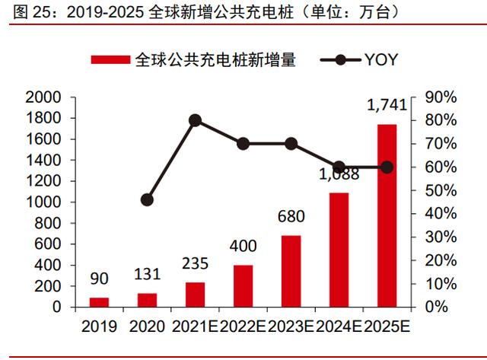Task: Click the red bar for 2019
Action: click(x=99, y=302)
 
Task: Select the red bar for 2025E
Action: click(x=387, y=215)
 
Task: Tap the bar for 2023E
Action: click(x=291, y=271)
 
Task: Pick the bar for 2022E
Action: click(x=243, y=286)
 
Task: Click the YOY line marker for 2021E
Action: click(x=195, y=120)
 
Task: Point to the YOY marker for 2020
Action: click(x=147, y=200)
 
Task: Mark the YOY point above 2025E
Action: click(x=387, y=167)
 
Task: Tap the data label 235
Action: click(x=195, y=264)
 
